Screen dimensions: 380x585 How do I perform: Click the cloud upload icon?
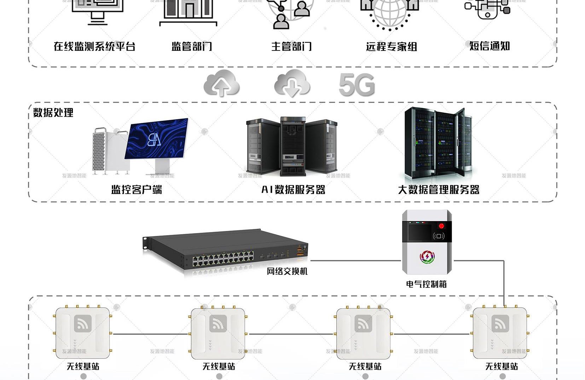pyautogui.click(x=221, y=84)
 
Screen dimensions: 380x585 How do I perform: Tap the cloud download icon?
pyautogui.click(x=292, y=84)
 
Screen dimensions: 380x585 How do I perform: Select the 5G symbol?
pyautogui.click(x=357, y=85)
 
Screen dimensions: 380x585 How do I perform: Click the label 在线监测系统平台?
pyautogui.click(x=94, y=47)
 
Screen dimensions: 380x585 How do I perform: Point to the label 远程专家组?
pyautogui.click(x=392, y=47)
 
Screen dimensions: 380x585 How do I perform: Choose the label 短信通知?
pyautogui.click(x=490, y=46)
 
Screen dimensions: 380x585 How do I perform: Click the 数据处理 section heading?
pyautogui.click(x=53, y=113)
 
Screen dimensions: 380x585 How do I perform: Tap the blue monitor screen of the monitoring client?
pyautogui.click(x=157, y=139)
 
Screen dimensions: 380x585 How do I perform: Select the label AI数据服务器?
pyautogui.click(x=293, y=190)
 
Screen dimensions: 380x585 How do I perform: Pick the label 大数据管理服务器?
pyautogui.click(x=439, y=190)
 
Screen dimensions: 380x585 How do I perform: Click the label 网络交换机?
pyautogui.click(x=287, y=271)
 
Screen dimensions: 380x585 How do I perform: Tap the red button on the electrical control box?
pyautogui.click(x=441, y=226)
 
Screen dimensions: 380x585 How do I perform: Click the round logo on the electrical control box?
pyautogui.click(x=427, y=257)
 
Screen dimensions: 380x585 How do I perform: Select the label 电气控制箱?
pyautogui.click(x=426, y=284)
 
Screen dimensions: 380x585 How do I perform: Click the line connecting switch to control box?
pyautogui.click(x=355, y=261)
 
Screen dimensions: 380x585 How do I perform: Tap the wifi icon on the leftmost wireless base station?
pyautogui.click(x=83, y=323)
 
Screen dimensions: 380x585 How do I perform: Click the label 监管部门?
pyautogui.click(x=192, y=47)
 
